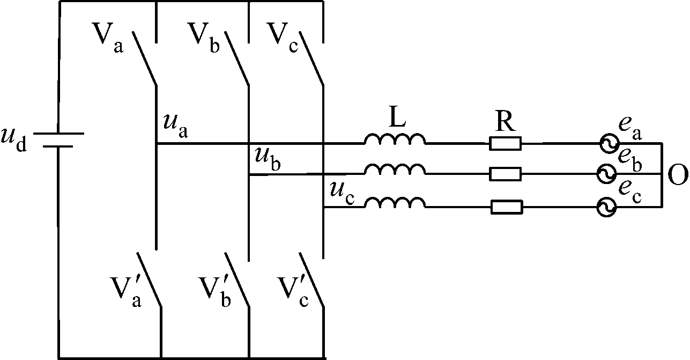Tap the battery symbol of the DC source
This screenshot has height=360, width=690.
pos(58,139)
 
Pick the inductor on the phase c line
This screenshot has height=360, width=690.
pos(395,202)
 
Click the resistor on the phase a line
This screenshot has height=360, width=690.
pos(506,143)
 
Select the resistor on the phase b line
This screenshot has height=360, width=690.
pos(506,174)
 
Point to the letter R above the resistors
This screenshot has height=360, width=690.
pos(505,123)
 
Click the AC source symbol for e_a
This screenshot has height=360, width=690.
pos(608,143)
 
